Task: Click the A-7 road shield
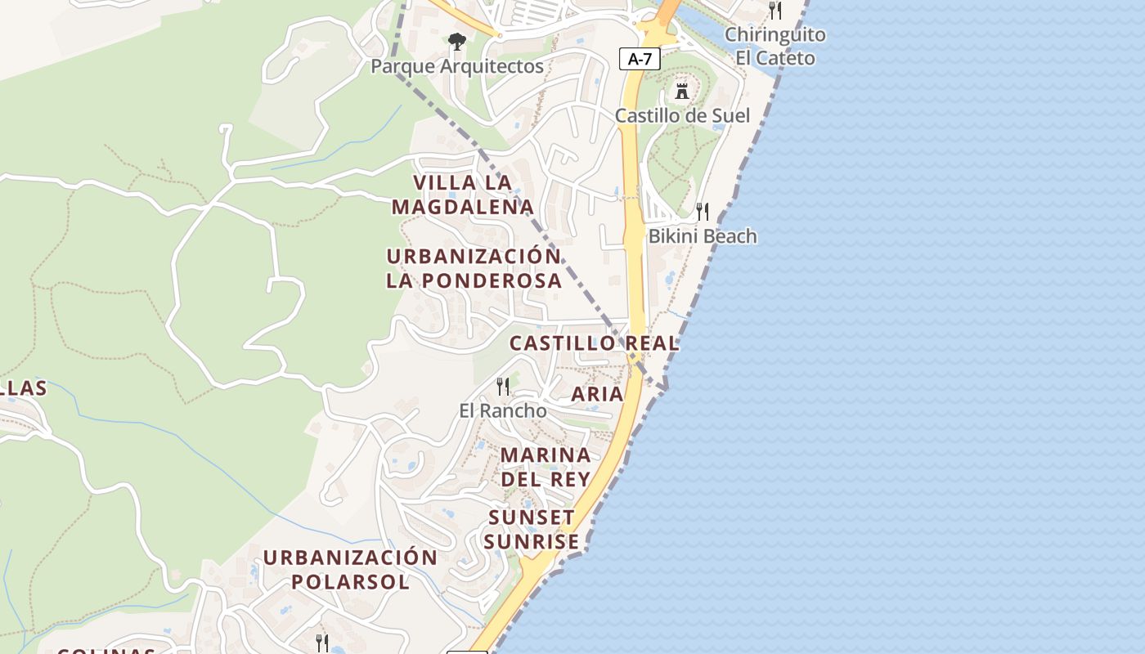pyautogui.click(x=640, y=58)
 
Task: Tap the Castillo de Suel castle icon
pyautogui.click(x=682, y=90)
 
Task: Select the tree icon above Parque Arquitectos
pyautogui.click(x=456, y=41)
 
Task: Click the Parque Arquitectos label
pyautogui.click(x=457, y=66)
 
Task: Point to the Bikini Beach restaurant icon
pyautogui.click(x=703, y=212)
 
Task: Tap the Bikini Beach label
pyautogui.click(x=703, y=236)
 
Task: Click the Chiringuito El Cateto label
pyautogui.click(x=775, y=47)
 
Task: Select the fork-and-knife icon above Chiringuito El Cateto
pyautogui.click(x=775, y=11)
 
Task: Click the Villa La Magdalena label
pyautogui.click(x=463, y=195)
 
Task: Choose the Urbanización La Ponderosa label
pyautogui.click(x=474, y=268)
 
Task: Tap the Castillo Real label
pyautogui.click(x=595, y=343)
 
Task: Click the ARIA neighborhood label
pyautogui.click(x=597, y=394)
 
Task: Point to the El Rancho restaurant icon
pyautogui.click(x=503, y=386)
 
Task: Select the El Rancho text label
pyautogui.click(x=503, y=410)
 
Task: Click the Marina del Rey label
pyautogui.click(x=546, y=467)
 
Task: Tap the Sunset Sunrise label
pyautogui.click(x=532, y=530)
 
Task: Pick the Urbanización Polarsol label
pyautogui.click(x=350, y=570)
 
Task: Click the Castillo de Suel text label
pyautogui.click(x=682, y=115)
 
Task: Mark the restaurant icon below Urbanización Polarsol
pyautogui.click(x=322, y=643)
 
